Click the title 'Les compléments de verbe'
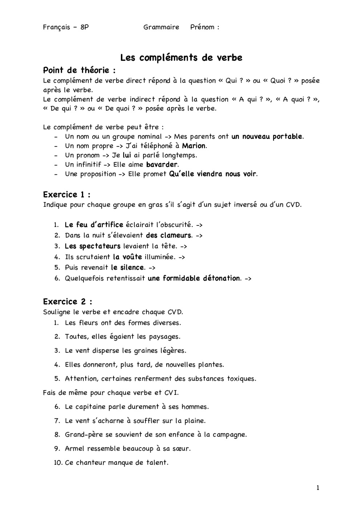181,58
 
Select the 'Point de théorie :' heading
79,70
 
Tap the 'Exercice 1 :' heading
66,194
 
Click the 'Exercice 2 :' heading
68,302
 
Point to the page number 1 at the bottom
318,488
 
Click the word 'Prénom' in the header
202,27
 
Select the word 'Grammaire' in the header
161,27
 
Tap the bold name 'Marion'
194,146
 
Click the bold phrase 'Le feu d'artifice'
94,225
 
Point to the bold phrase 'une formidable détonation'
194,278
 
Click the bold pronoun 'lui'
127,155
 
